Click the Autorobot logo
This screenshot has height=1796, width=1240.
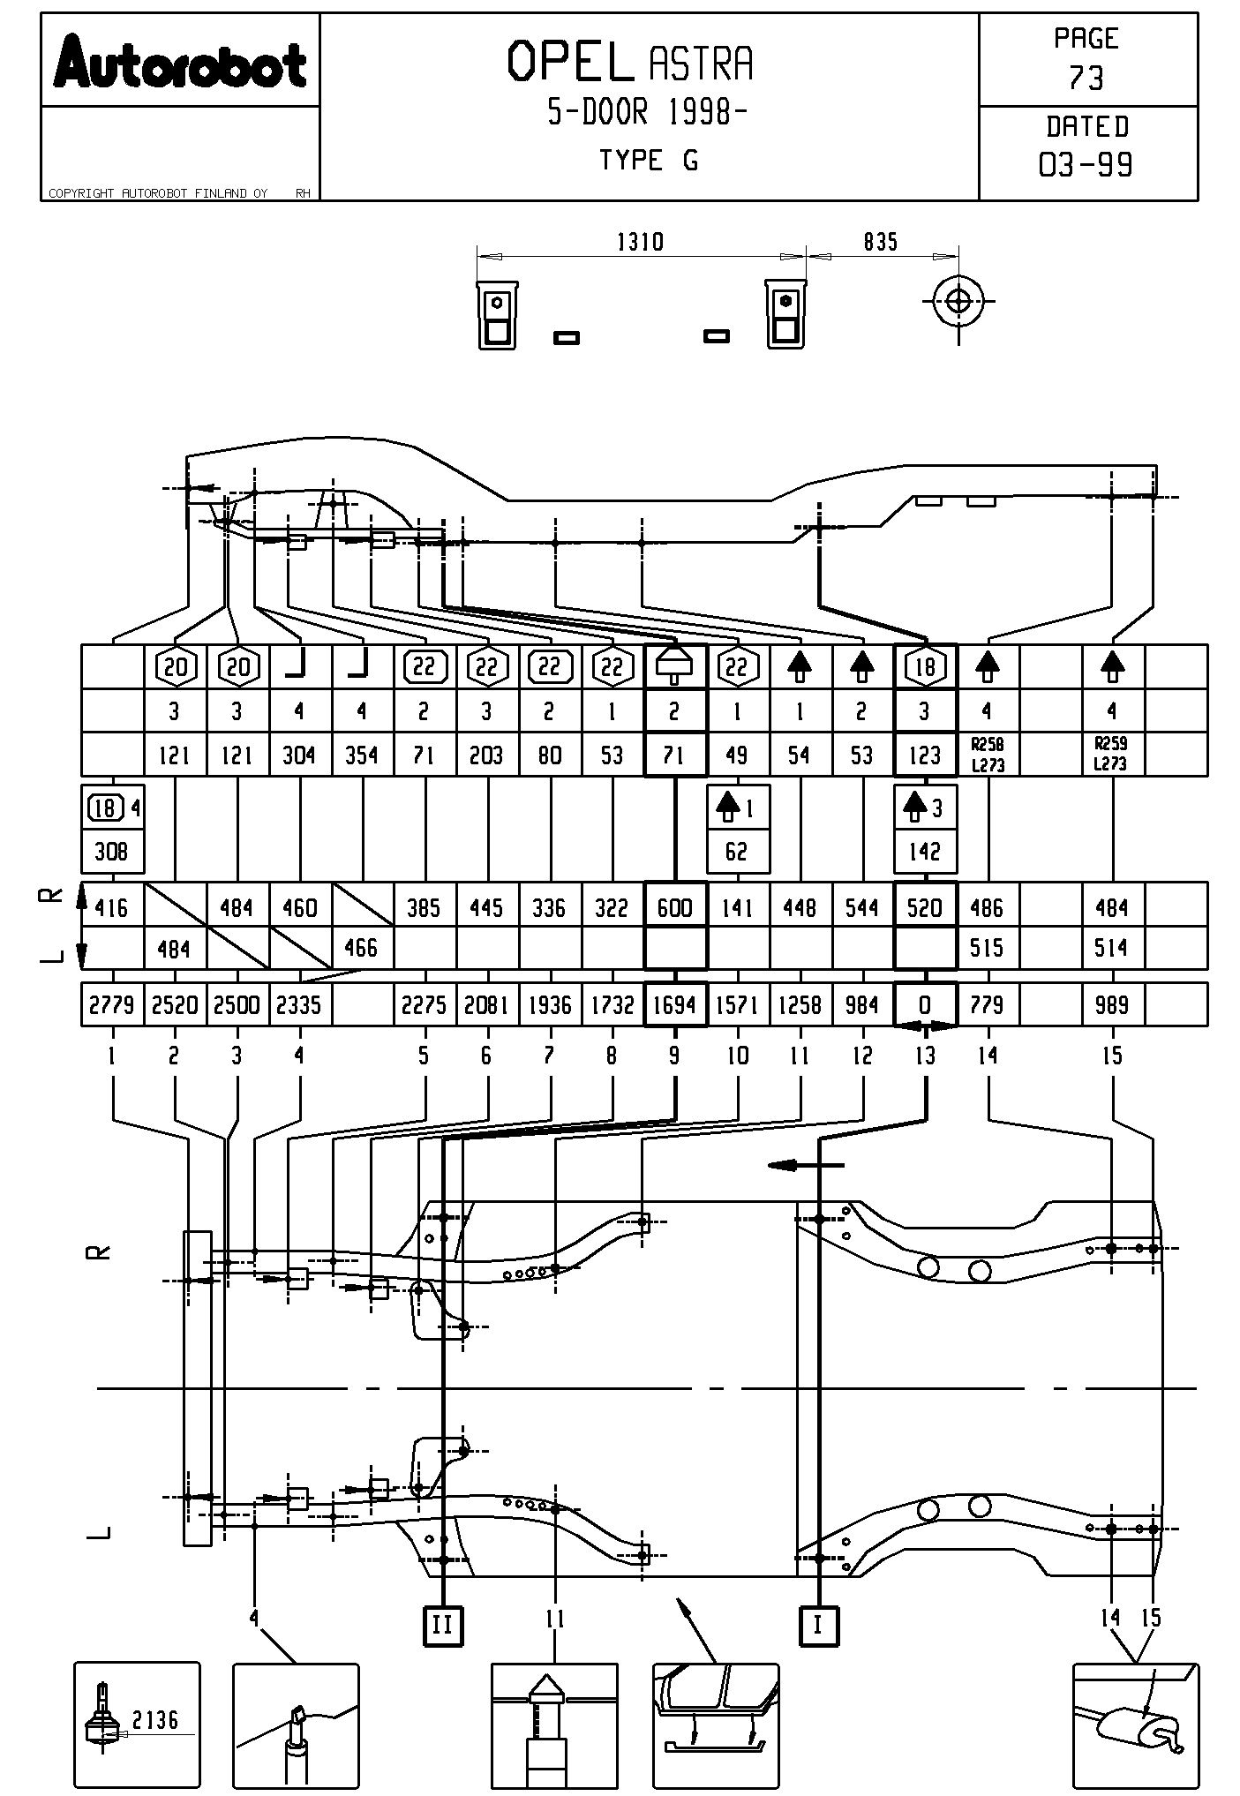pyautogui.click(x=180, y=62)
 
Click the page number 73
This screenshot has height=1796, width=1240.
pyautogui.click(x=1086, y=79)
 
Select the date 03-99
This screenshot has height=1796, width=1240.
pyautogui.click(x=1086, y=164)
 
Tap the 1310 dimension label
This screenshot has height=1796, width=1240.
pyautogui.click(x=640, y=242)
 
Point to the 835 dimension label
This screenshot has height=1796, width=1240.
pyautogui.click(x=880, y=242)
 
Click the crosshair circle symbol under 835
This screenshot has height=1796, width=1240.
pyautogui.click(x=958, y=301)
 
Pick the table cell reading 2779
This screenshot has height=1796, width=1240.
pyautogui.click(x=112, y=1004)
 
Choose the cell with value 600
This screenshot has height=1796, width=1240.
pyautogui.click(x=675, y=907)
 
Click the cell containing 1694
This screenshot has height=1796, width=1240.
pyautogui.click(x=675, y=1004)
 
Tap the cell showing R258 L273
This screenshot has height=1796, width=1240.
pyautogui.click(x=988, y=755)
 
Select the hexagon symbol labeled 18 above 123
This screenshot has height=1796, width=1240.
pyautogui.click(x=925, y=666)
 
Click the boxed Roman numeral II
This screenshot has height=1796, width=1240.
pyautogui.click(x=443, y=1624)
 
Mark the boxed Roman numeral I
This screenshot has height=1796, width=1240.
pyautogui.click(x=818, y=1624)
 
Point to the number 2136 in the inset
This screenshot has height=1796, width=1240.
pyautogui.click(x=155, y=1719)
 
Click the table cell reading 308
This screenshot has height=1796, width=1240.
pyautogui.click(x=112, y=851)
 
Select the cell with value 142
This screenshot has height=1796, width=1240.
pyautogui.click(x=925, y=851)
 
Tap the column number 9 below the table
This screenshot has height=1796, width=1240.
pyautogui.click(x=674, y=1056)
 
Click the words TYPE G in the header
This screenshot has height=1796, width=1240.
pyautogui.click(x=649, y=161)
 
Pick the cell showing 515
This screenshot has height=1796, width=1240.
pyautogui.click(x=988, y=948)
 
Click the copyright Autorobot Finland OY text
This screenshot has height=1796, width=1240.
pyautogui.click(x=158, y=193)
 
